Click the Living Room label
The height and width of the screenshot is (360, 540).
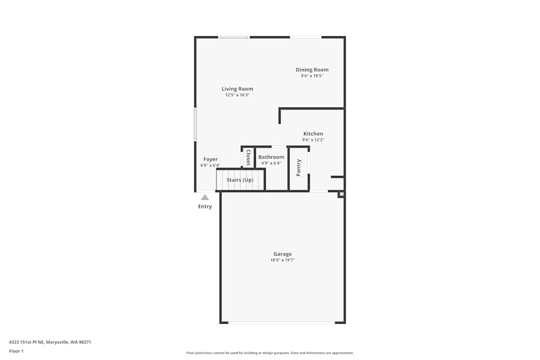click(237, 89)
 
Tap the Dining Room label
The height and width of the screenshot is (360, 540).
click(312, 70)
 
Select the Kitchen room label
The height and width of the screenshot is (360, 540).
click(313, 134)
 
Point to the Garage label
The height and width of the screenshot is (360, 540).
click(282, 254)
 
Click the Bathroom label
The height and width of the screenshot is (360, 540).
click(271, 157)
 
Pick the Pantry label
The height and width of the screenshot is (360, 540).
click(299, 167)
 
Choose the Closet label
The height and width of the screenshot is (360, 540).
click(248, 157)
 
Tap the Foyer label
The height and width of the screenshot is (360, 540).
click(210, 159)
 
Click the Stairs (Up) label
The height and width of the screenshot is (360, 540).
click(240, 180)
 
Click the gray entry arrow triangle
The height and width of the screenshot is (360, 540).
click(205, 198)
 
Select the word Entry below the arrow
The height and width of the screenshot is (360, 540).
click(205, 207)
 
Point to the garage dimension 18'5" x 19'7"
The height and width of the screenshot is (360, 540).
click(282, 260)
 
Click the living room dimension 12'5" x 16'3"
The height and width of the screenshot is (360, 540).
click(237, 95)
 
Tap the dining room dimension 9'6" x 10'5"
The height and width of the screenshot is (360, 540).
click(312, 76)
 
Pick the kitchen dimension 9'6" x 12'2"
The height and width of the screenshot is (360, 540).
click(313, 140)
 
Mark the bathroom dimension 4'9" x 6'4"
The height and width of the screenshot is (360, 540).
click(271, 163)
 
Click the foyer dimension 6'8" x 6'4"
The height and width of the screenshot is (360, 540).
click(210, 165)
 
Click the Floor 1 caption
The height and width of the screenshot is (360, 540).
click(16, 351)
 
